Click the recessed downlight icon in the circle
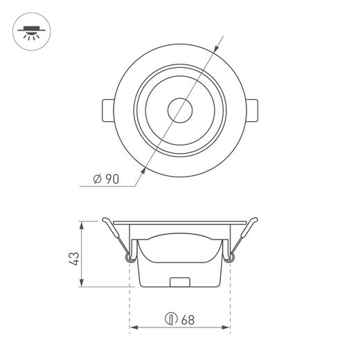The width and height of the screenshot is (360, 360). point(32,33)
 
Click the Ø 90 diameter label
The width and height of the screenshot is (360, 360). point(106,179)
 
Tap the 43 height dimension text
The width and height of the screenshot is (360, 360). point(75,259)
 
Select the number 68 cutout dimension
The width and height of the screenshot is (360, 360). point(188,320)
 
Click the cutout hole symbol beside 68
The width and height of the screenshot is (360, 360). point(171,318)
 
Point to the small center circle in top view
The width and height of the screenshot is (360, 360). point(180,110)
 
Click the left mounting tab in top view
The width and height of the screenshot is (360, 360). point(108,110)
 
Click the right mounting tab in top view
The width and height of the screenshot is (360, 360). point(252,110)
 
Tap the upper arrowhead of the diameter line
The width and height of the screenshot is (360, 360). point(216,48)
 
